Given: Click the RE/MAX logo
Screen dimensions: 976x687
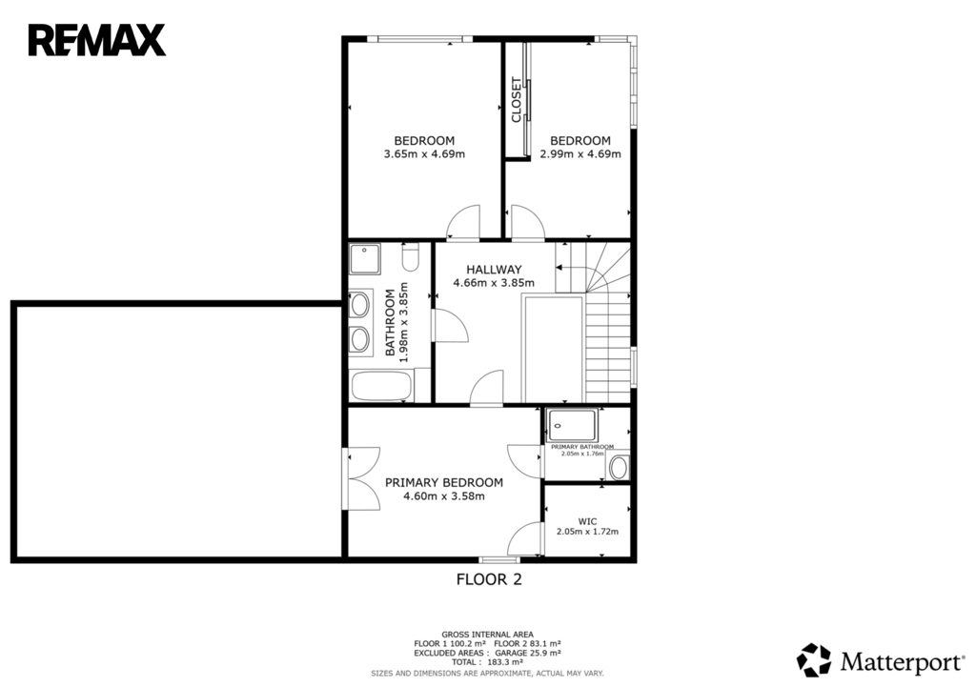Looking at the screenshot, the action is coord(97,40).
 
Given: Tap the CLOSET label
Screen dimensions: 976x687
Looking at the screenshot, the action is coord(516,99).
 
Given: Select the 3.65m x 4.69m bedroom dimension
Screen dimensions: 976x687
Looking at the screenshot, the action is coord(424,153).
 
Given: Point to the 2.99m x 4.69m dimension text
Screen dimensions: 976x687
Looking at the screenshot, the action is coord(580,153).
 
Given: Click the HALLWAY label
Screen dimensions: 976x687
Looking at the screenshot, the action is coord(495,270).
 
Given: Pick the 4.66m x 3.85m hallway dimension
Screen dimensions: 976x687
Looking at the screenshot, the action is coord(494,282).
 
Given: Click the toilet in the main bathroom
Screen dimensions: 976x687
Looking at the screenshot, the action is coord(410,256).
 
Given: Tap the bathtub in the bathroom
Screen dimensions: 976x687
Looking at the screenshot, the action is coord(381,386).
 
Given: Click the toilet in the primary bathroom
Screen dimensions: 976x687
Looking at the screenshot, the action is coord(620,467).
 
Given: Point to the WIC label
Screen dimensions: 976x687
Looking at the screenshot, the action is coord(587,521).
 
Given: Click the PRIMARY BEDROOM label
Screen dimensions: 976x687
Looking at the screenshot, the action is coord(444,482).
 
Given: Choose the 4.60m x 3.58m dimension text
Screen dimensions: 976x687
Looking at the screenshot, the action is coord(444,496).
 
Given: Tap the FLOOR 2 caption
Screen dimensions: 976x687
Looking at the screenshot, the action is coord(489,579).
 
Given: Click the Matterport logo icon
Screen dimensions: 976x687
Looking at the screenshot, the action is coord(814,659).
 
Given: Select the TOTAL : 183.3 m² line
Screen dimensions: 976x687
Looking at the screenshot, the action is coord(487,662).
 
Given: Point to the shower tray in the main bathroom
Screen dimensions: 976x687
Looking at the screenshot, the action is coord(365,259).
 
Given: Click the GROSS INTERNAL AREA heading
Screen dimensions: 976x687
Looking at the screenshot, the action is coord(487,635).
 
